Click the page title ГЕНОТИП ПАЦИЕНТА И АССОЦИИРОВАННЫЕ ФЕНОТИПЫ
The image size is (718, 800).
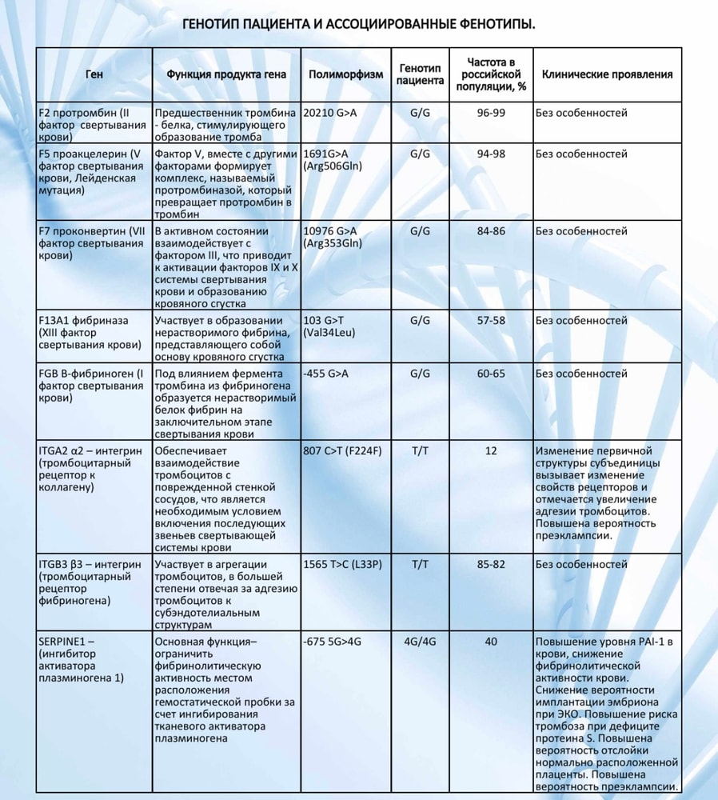[359, 26]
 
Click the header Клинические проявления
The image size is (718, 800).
[607, 74]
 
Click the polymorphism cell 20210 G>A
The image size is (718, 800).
[329, 113]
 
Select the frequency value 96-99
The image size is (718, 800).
[491, 113]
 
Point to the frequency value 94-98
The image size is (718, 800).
[491, 153]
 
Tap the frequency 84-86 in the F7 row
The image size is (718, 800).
[491, 231]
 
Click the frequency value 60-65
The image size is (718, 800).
[491, 374]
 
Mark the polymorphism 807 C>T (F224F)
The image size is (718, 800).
[343, 451]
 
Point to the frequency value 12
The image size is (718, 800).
[491, 451]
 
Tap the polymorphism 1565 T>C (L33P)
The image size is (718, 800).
[343, 565]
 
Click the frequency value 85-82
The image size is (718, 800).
[491, 565]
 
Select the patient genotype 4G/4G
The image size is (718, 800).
[420, 642]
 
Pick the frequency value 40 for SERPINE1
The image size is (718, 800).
[491, 642]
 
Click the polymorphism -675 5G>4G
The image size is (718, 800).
[333, 642]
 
